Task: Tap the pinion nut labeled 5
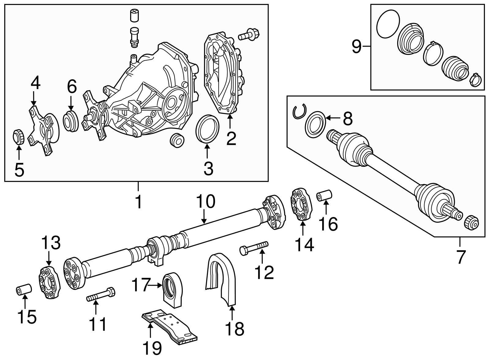pos(18,137)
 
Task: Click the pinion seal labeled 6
pos(71,122)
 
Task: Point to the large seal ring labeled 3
pos(207,129)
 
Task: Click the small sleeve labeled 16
pos(325,196)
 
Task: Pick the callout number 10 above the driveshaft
pos(206,202)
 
